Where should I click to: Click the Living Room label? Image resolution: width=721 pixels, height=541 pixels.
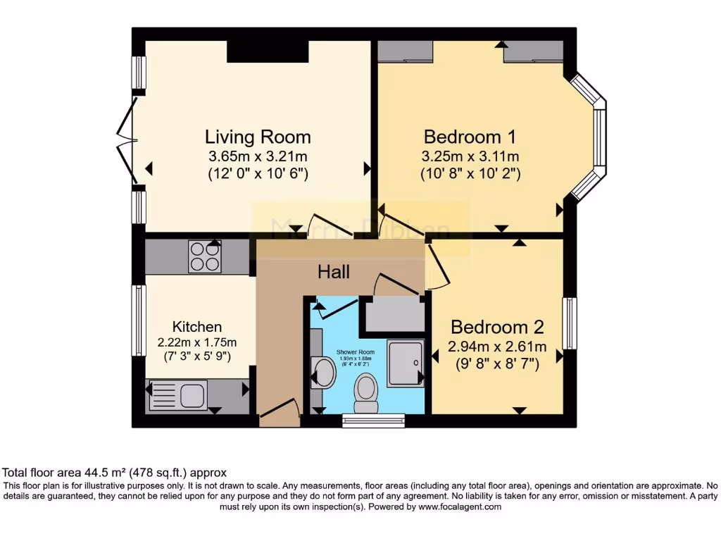pyautogui.click(x=258, y=136)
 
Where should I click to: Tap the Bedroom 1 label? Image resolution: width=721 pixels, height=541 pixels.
pyautogui.click(x=470, y=136)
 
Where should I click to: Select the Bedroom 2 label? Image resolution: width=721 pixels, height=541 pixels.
pyautogui.click(x=497, y=327)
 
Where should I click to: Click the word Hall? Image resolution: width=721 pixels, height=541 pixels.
pyautogui.click(x=334, y=272)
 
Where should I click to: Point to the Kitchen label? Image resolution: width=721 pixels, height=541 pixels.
pyautogui.click(x=197, y=326)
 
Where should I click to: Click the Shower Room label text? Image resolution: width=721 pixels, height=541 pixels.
pyautogui.click(x=365, y=352)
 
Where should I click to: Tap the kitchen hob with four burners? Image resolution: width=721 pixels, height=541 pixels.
pyautogui.click(x=204, y=256)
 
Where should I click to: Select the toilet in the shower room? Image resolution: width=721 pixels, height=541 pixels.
pyautogui.click(x=366, y=392)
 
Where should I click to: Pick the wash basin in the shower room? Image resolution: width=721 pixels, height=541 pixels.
pyautogui.click(x=324, y=372)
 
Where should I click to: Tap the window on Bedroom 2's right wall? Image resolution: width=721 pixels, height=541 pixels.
pyautogui.click(x=570, y=323)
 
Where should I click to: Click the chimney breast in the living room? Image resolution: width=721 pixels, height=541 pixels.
pyautogui.click(x=268, y=51)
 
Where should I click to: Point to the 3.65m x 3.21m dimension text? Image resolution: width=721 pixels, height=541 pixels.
pyautogui.click(x=258, y=156)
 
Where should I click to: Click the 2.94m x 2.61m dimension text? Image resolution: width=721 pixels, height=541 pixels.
pyautogui.click(x=497, y=347)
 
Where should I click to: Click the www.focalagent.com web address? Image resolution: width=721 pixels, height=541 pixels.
pyautogui.click(x=460, y=506)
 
